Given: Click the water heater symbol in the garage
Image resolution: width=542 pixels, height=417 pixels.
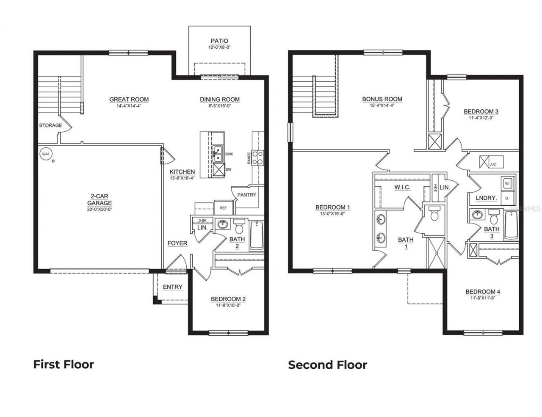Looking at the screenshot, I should click(x=44, y=155).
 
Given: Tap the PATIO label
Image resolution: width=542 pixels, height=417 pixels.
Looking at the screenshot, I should click(x=219, y=41).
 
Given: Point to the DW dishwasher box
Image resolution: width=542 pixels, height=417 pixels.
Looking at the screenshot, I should click(x=218, y=169).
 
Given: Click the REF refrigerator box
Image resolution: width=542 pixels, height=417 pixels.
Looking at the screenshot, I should click(x=223, y=208).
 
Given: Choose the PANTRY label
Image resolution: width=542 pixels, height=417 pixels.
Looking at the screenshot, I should click(x=246, y=195).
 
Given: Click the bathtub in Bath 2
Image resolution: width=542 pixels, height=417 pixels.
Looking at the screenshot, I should click(x=257, y=236).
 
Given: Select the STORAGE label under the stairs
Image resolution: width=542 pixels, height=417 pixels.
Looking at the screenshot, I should click(x=50, y=125).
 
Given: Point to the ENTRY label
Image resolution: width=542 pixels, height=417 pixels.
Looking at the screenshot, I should click(x=173, y=287).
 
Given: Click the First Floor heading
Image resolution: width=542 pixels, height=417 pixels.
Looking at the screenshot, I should click(x=64, y=364).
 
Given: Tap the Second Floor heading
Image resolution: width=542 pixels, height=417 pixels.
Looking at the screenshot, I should click(x=327, y=365).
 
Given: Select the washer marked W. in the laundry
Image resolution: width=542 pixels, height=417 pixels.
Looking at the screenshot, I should click(x=507, y=184).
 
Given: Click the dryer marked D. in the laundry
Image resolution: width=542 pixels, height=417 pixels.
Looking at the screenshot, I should click(x=507, y=198).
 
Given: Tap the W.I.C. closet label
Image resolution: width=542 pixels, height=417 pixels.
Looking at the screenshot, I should click(x=402, y=187).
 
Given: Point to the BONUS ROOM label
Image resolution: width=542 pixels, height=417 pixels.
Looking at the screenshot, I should click(x=382, y=99).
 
